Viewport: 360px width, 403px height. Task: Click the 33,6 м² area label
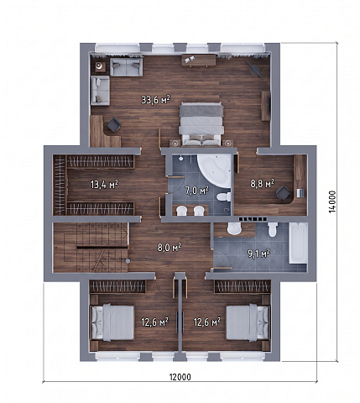click(155, 99)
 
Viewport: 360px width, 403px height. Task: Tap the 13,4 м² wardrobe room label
click(104, 185)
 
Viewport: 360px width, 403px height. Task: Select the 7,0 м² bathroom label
click(197, 191)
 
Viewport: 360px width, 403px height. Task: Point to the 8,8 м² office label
click(262, 184)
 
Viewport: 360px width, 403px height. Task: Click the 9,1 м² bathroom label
click(258, 254)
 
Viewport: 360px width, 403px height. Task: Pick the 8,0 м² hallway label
click(169, 248)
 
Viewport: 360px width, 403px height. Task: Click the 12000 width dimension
click(180, 377)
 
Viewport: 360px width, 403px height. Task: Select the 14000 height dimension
click(332, 201)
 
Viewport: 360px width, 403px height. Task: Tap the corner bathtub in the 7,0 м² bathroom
click(216, 171)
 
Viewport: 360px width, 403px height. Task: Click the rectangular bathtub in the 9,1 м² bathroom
click(298, 243)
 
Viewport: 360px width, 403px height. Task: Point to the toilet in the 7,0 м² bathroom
click(223, 196)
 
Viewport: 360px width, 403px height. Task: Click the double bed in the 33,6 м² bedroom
click(201, 124)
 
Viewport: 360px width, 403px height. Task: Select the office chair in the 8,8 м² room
click(283, 193)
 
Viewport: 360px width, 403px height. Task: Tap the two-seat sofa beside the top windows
click(127, 66)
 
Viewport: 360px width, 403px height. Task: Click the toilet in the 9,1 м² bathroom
click(272, 229)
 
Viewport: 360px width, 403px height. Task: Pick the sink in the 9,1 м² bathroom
click(234, 228)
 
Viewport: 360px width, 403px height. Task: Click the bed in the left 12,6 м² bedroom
click(112, 322)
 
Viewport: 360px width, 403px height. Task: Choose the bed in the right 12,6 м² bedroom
click(248, 322)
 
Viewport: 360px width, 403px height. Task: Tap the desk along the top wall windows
click(199, 60)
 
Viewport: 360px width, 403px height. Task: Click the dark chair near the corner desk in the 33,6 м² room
click(113, 124)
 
